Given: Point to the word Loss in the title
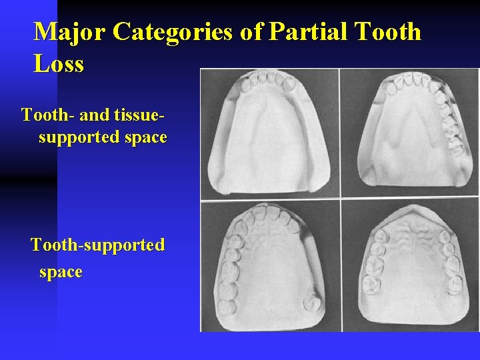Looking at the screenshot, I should pos(59,64).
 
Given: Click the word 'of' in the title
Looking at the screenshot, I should pos(251,32).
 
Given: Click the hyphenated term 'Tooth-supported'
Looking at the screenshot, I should pos(98,245).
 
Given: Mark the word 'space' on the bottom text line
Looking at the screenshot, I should pos(61,271).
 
